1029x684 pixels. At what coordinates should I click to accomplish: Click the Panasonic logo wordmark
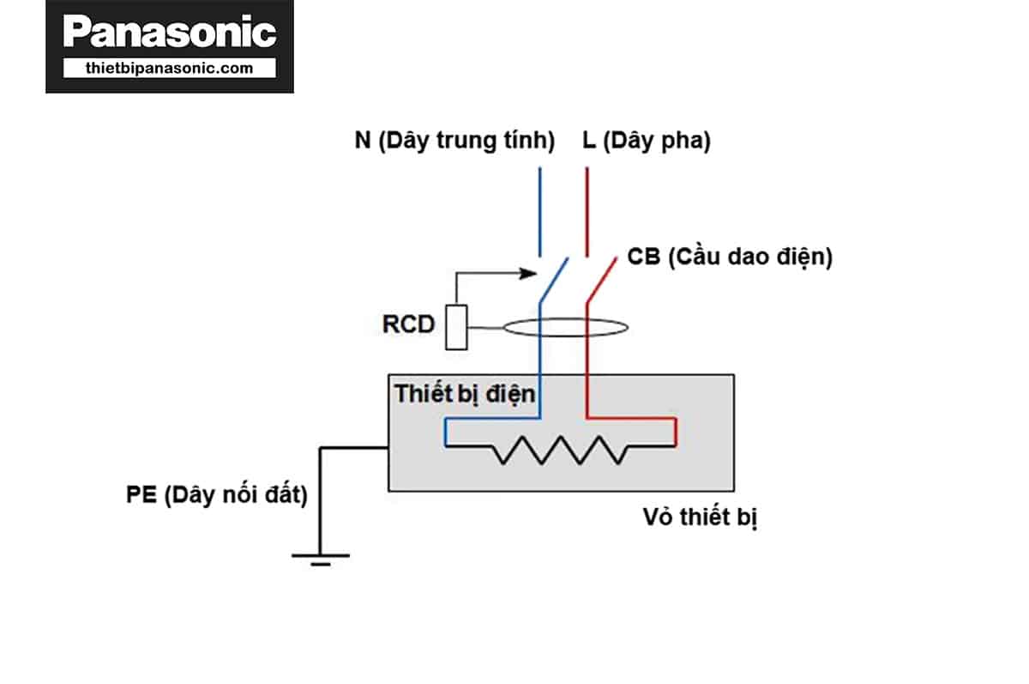[170, 33]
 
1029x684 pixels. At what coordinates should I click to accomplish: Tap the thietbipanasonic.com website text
[170, 68]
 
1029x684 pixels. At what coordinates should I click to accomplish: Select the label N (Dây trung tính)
[454, 141]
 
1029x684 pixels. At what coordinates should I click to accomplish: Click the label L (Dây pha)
[647, 141]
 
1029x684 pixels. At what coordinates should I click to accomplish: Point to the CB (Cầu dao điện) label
[730, 257]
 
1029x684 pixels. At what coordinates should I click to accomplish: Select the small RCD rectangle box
[456, 327]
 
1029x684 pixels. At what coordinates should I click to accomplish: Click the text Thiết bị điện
[465, 394]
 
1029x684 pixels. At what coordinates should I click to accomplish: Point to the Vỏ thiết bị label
[700, 518]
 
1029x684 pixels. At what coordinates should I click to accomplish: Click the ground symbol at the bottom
[320, 558]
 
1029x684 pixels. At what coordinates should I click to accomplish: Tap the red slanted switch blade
[600, 279]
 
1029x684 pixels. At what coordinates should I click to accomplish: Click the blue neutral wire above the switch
[540, 210]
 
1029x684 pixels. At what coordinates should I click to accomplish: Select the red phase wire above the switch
[587, 210]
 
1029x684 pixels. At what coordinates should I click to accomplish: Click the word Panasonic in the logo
[170, 33]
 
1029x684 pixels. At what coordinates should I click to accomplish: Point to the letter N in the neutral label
[362, 141]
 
